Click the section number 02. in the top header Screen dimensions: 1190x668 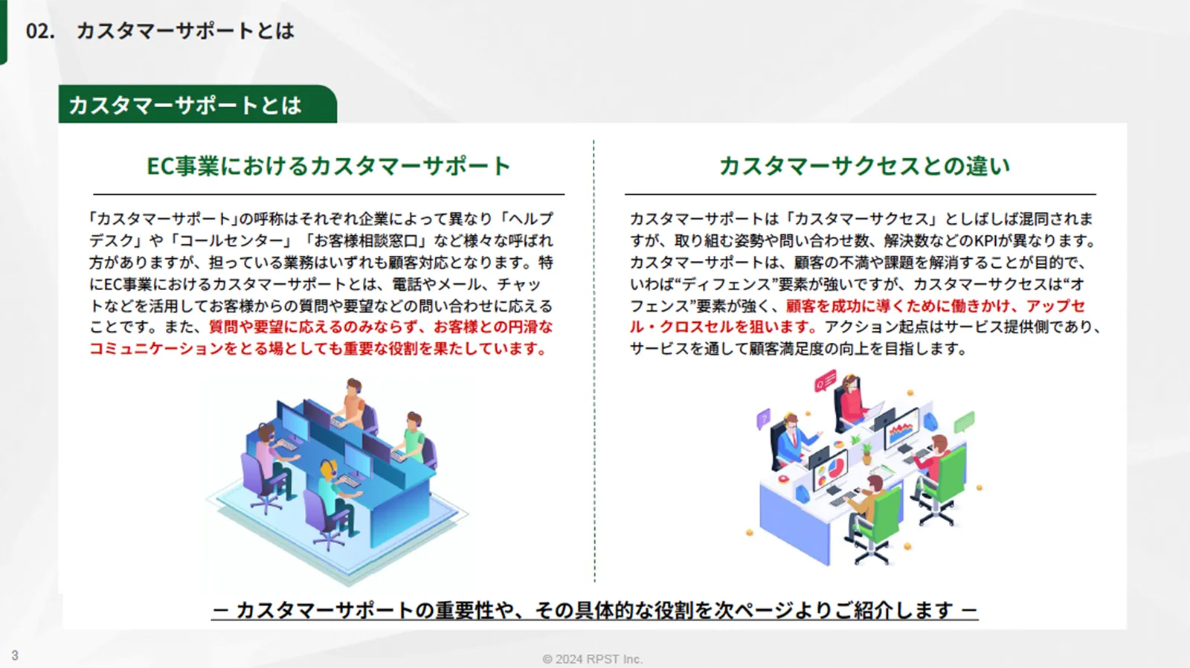pyautogui.click(x=40, y=30)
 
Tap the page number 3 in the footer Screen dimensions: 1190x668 pyautogui.click(x=15, y=655)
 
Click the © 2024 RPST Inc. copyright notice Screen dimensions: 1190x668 pyautogui.click(x=592, y=659)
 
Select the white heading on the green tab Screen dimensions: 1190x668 pyautogui.click(x=185, y=105)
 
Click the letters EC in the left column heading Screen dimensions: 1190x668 pyautogui.click(x=161, y=166)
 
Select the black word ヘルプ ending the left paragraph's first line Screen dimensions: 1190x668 pyautogui.click(x=531, y=219)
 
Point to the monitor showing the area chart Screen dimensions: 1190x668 pyautogui.click(x=901, y=428)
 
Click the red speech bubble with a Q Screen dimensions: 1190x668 pyautogui.click(x=826, y=381)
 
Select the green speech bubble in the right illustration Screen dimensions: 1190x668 pyautogui.click(x=964, y=423)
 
